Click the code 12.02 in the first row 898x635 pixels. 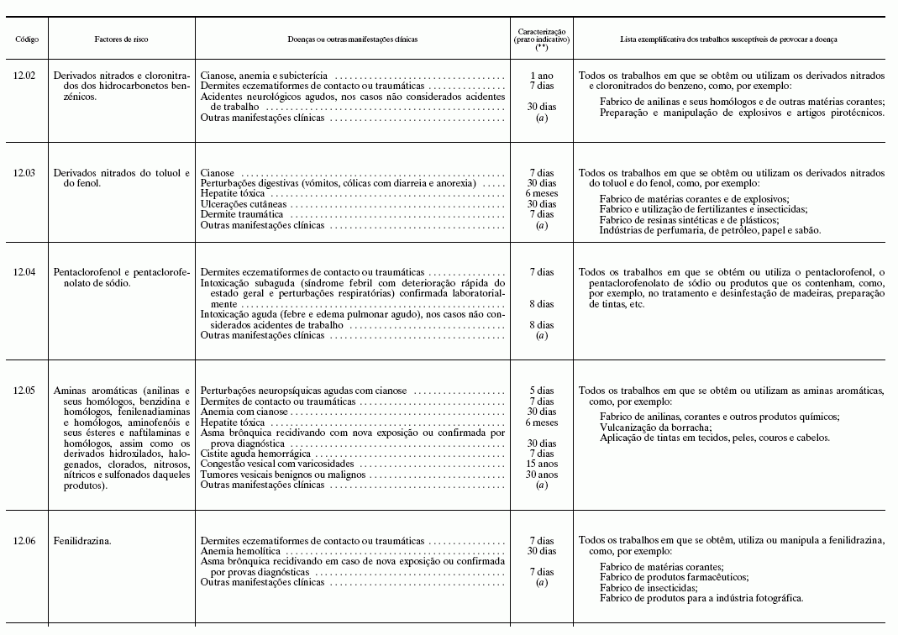pyautogui.click(x=24, y=76)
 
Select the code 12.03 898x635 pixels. pyautogui.click(x=24, y=173)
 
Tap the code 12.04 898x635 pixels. pyautogui.click(x=24, y=272)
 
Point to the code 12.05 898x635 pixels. pyautogui.click(x=24, y=391)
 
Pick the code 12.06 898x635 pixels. pyautogui.click(x=24, y=541)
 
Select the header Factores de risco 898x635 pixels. pyautogui.click(x=122, y=39)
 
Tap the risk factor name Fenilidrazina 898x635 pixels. pyautogui.click(x=82, y=541)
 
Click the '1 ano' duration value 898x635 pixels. pyautogui.click(x=542, y=76)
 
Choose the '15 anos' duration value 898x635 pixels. pyautogui.click(x=542, y=464)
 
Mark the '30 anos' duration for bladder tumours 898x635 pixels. pyautogui.click(x=542, y=475)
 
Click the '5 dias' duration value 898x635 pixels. pyautogui.click(x=542, y=391)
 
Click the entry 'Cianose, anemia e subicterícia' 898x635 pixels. pyautogui.click(x=264, y=76)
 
